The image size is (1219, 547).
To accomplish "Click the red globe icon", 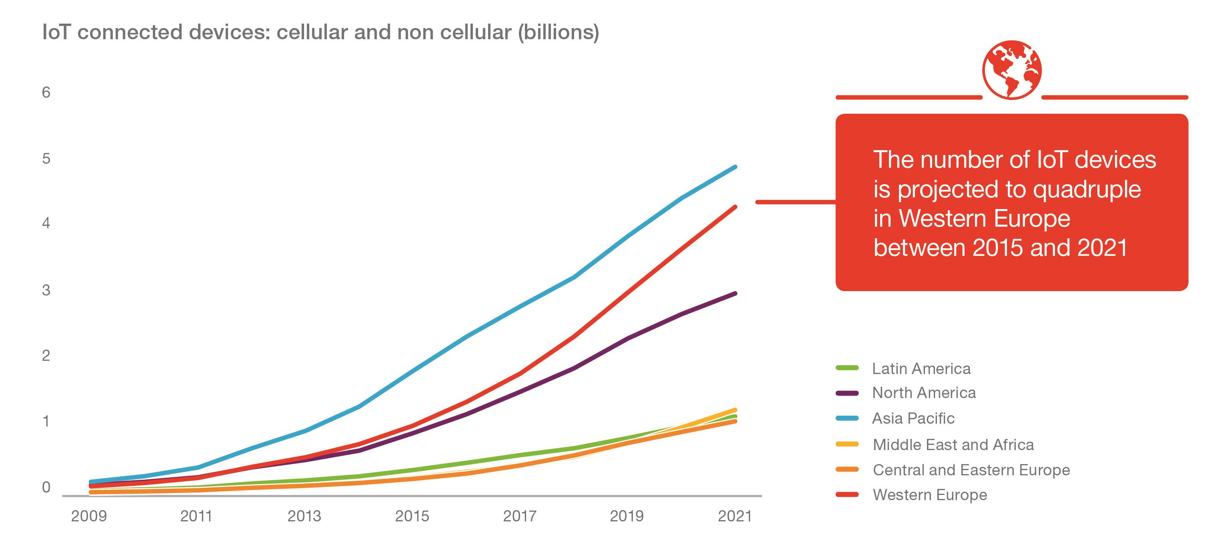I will (1012, 70).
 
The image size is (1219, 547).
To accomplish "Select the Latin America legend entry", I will (921, 368).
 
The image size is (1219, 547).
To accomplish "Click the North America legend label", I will (923, 392).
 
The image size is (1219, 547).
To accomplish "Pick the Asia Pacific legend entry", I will (913, 418).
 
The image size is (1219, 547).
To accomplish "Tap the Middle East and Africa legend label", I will (953, 445).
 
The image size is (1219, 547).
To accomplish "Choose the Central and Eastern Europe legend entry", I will (971, 470).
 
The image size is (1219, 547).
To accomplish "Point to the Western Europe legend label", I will (929, 495).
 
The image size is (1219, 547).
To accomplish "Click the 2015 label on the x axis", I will (412, 516).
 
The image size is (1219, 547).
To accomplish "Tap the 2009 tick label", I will (89, 516).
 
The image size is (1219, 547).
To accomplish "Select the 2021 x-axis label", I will (735, 516).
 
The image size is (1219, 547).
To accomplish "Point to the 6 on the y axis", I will (46, 93).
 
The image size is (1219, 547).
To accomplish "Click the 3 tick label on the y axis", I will (46, 290).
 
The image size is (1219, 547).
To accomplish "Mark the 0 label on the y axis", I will (46, 487).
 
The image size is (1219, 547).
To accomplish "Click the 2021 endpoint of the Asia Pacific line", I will (735, 167).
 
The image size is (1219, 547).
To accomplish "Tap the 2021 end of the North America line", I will (735, 294).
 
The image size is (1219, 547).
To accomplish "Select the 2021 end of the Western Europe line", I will (735, 207).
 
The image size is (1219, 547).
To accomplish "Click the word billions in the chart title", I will (558, 32).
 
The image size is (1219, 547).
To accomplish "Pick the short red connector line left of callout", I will (795, 202).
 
